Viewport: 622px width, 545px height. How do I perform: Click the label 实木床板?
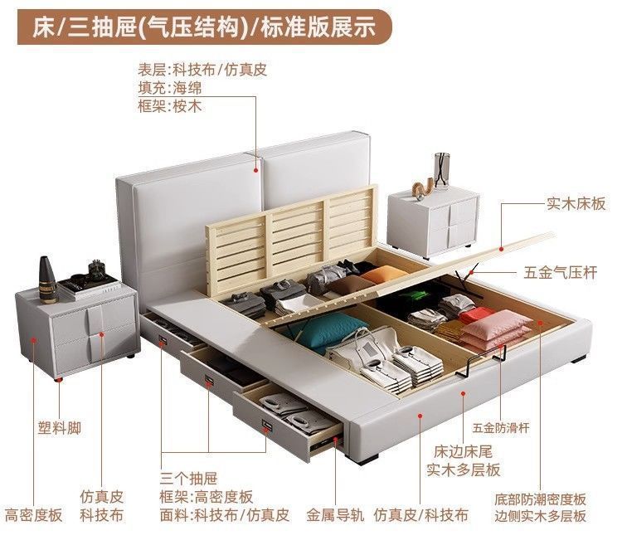tap(576, 202)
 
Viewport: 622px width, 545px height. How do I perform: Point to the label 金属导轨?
tap(335, 514)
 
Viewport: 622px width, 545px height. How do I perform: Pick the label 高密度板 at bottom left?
tap(33, 514)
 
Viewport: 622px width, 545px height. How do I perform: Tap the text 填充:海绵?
tap(170, 87)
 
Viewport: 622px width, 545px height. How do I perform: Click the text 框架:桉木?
tap(170, 106)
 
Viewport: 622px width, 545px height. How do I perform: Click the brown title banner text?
tap(204, 27)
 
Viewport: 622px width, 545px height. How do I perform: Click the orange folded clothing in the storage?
tap(381, 276)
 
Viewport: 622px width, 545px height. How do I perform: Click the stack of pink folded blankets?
tap(496, 333)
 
